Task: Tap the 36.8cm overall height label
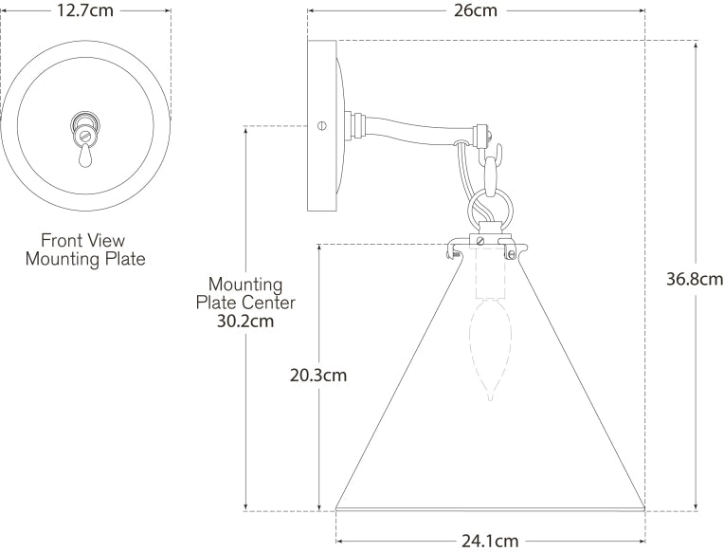694,279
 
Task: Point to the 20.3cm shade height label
317,375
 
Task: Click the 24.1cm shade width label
490,541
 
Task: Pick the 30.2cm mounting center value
245,321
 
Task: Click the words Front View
82,240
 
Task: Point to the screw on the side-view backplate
322,123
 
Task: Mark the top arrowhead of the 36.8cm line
697,45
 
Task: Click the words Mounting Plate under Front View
85,258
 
